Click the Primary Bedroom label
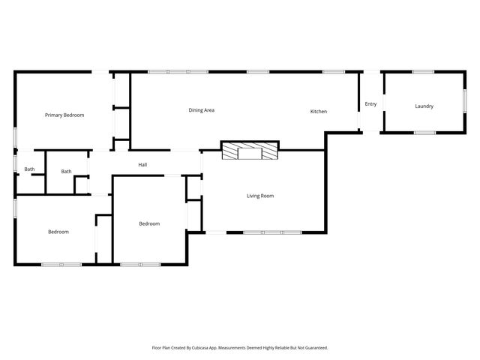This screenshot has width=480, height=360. pos(64,115)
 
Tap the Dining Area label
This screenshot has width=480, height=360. pos(202,110)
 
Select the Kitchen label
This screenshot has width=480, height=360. pos(319,112)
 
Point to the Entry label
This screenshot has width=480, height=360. pos(370,103)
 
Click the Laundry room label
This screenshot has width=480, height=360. pos(424,106)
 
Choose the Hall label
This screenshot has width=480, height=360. pos(142,164)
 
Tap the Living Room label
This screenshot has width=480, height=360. pos(260,196)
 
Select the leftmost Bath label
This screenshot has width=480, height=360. pos(29,169)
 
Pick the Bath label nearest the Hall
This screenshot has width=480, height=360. pos(67,171)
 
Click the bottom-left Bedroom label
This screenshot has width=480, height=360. pos(58,232)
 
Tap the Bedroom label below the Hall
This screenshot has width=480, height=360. pos(149,223)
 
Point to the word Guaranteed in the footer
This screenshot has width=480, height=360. pos(314,348)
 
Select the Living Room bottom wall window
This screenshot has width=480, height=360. pos(272,232)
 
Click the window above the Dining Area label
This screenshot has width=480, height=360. pos(178,72)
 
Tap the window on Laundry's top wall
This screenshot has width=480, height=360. pos(423,72)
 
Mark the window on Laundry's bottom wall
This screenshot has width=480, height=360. pos(424,133)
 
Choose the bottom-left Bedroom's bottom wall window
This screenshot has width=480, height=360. pos(61,264)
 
